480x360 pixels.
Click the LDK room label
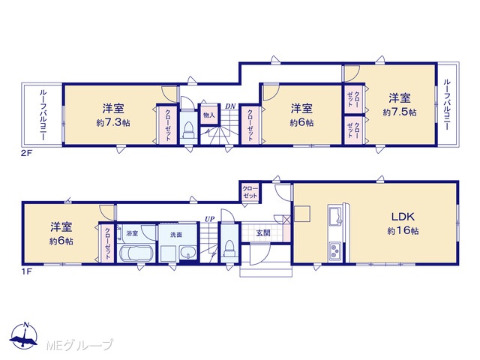pyautogui.click(x=403, y=217)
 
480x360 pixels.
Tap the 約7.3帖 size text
pyautogui.click(x=113, y=123)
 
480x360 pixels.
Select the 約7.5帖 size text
pyautogui.click(x=400, y=112)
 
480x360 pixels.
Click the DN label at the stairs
pyautogui.click(x=230, y=106)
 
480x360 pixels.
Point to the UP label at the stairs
pyautogui.click(x=210, y=219)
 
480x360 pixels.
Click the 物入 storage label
pyautogui.click(x=209, y=115)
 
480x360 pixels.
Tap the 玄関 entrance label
pyautogui.click(x=263, y=233)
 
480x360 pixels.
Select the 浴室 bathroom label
pyautogui.click(x=132, y=233)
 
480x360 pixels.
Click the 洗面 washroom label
pyautogui.click(x=176, y=235)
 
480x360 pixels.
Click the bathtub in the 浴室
pyautogui.click(x=136, y=253)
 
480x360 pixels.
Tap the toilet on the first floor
pyautogui.click(x=229, y=248)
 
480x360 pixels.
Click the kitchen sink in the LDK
pyautogui.click(x=335, y=216)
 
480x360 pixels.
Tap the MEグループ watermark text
pyautogui.click(x=79, y=345)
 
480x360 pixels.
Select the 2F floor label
pyautogui.click(x=26, y=154)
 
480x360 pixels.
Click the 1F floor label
pyautogui.click(x=26, y=271)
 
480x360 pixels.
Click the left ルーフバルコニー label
pyautogui.click(x=43, y=115)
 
